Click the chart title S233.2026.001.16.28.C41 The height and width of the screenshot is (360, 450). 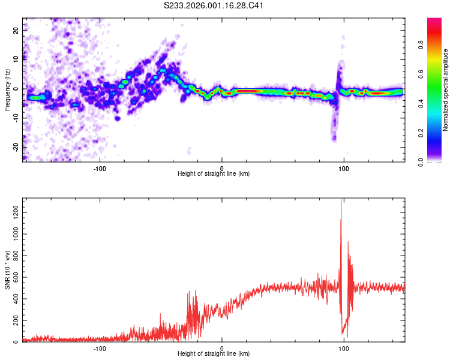click(214, 6)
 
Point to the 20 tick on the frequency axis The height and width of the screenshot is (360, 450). click(17, 30)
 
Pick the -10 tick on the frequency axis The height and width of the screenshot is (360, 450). click(16, 118)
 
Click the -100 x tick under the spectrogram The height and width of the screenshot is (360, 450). click(100, 168)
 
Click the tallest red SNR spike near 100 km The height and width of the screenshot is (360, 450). click(341, 200)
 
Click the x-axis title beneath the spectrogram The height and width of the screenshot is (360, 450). click(214, 175)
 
